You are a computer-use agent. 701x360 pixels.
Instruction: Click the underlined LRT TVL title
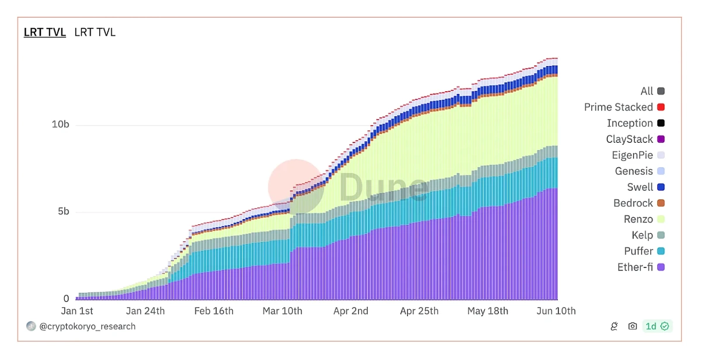pyautogui.click(x=44, y=32)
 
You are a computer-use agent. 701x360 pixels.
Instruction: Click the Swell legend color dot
pyautogui.click(x=661, y=188)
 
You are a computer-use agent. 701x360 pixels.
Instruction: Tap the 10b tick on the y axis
pyautogui.click(x=61, y=124)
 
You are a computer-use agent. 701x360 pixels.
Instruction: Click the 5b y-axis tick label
pyautogui.click(x=63, y=212)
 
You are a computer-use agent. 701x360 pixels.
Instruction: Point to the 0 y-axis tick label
pyautogui.click(x=66, y=299)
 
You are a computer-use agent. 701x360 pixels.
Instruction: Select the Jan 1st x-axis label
pyautogui.click(x=77, y=311)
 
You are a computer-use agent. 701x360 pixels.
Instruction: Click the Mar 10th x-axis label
pyautogui.click(x=283, y=311)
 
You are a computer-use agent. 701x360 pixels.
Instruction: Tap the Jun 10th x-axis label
pyautogui.click(x=556, y=311)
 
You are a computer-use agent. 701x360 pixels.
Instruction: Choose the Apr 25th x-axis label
pyautogui.click(x=419, y=311)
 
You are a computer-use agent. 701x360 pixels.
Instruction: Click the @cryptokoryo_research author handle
pyautogui.click(x=87, y=327)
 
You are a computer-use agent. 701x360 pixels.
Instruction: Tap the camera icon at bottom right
pyautogui.click(x=632, y=326)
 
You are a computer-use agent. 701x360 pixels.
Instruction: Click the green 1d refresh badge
pyautogui.click(x=657, y=326)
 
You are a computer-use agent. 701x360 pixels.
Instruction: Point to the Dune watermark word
pyautogui.click(x=383, y=187)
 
